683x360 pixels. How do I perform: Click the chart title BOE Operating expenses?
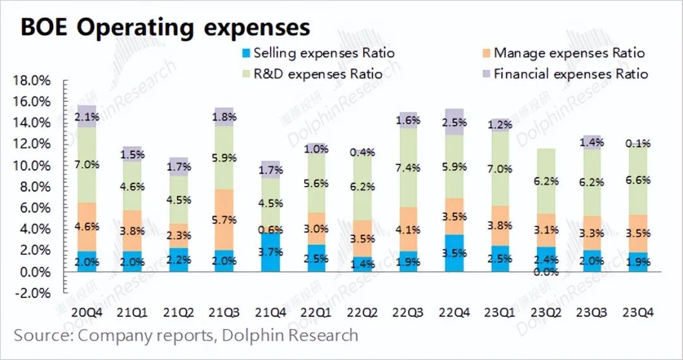tap(166, 27)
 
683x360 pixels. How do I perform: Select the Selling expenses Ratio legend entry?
tap(317, 53)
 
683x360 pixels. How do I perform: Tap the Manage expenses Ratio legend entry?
tap(562, 53)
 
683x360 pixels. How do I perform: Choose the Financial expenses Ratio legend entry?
tap(563, 74)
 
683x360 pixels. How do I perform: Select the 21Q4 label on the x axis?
tap(271, 313)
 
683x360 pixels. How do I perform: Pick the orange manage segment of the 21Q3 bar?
tap(225, 219)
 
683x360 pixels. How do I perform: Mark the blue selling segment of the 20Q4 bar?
tap(87, 261)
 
